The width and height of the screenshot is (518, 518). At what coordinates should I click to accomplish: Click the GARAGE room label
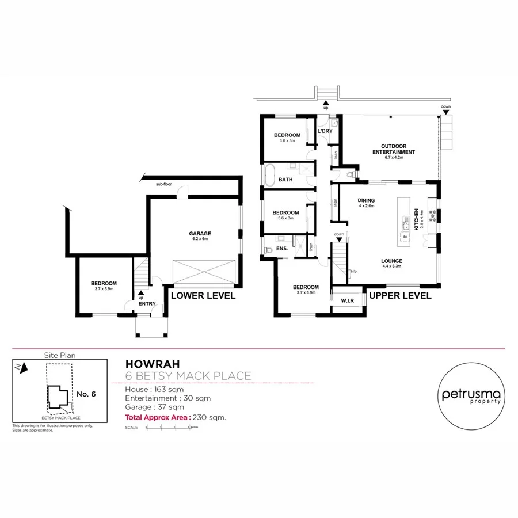point(200,234)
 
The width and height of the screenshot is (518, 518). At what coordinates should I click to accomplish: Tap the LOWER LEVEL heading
point(203,295)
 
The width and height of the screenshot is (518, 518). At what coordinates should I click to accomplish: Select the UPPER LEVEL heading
point(400,295)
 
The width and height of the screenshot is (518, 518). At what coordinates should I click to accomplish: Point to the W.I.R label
point(348,301)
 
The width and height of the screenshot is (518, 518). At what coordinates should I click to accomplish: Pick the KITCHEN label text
point(416,219)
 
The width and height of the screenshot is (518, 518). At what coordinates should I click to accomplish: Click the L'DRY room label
point(325,131)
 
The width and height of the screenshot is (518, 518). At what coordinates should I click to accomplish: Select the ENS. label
point(282,249)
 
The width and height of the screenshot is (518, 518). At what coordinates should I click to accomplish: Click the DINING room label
point(367,200)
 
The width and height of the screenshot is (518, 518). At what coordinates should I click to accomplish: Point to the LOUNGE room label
point(391,261)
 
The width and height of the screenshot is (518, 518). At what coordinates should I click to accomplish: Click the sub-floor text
point(164,185)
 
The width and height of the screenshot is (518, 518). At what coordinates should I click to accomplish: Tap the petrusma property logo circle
point(471,398)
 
